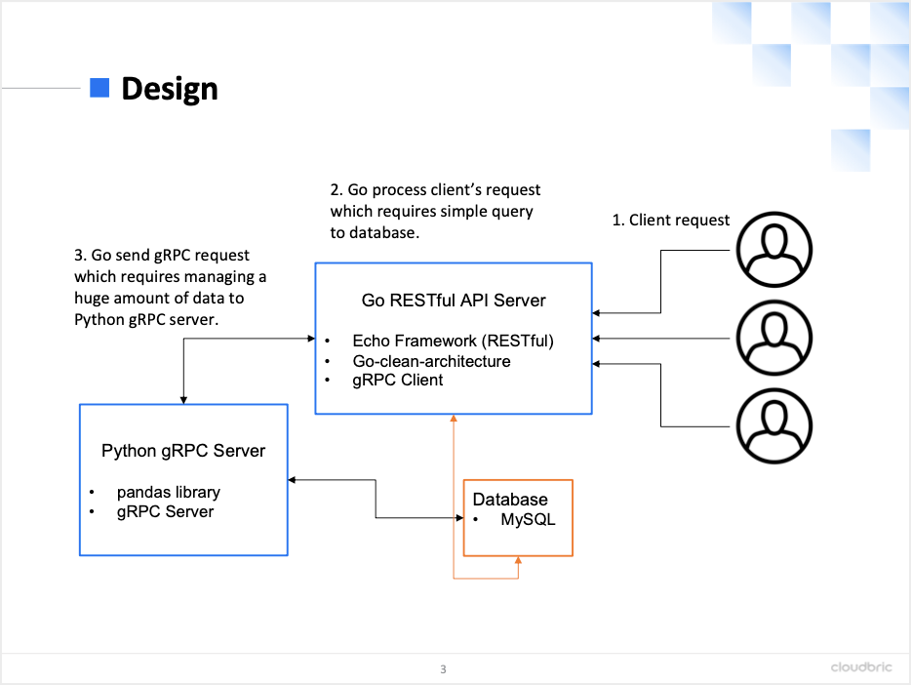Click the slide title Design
(x=169, y=89)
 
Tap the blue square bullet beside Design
(x=99, y=88)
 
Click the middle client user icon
(x=774, y=338)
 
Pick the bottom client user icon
(x=774, y=426)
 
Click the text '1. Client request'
(x=670, y=221)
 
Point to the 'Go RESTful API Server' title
(x=454, y=301)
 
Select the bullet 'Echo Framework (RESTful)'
(x=453, y=341)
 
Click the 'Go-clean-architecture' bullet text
(x=431, y=361)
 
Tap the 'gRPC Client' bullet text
(x=397, y=381)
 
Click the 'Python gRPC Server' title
(x=183, y=451)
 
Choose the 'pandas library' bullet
(x=168, y=492)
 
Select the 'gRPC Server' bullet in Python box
(x=165, y=511)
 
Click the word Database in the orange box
(x=510, y=500)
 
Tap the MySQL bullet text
(x=528, y=519)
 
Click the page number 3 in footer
(x=443, y=669)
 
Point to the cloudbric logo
(x=862, y=667)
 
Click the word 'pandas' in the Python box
(x=141, y=492)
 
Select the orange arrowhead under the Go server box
(x=454, y=420)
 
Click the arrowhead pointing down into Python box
(x=183, y=399)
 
